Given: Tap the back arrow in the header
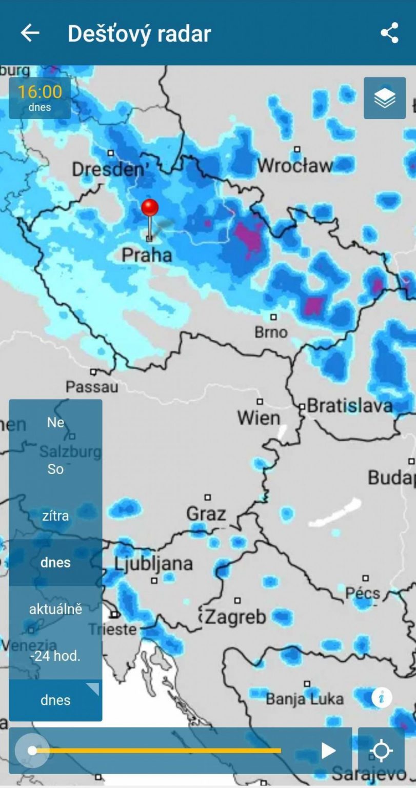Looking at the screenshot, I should click(x=30, y=33).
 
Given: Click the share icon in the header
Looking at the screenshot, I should click(x=389, y=33).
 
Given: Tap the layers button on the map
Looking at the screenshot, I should click(x=385, y=98).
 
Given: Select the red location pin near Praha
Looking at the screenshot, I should click(x=150, y=209).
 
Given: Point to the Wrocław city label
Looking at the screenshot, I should click(x=295, y=166).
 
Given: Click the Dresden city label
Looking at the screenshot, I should click(x=106, y=169).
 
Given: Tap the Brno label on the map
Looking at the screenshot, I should click(x=271, y=332).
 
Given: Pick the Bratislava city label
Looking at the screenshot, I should click(x=349, y=406).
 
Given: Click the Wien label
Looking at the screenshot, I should click(x=259, y=418).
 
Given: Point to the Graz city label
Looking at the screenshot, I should click(x=206, y=514).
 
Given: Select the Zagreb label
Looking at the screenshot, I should click(x=236, y=617).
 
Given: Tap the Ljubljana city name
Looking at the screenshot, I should click(x=153, y=563).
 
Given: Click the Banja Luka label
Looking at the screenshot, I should click(x=305, y=699).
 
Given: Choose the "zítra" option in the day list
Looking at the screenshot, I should click(x=55, y=516).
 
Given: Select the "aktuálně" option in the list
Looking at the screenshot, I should click(x=55, y=609).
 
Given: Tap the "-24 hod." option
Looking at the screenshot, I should click(x=55, y=656).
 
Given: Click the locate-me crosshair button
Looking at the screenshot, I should click(x=381, y=751).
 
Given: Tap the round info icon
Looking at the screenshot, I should click(x=382, y=698).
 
